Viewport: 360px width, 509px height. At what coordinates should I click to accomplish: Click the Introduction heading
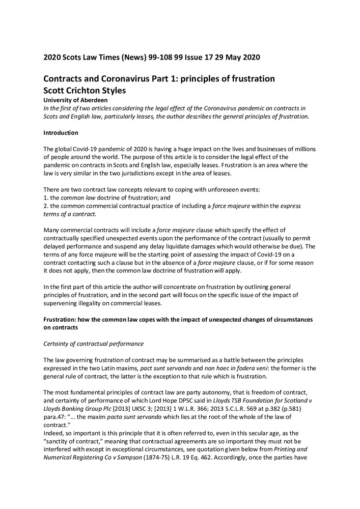point(61,133)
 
